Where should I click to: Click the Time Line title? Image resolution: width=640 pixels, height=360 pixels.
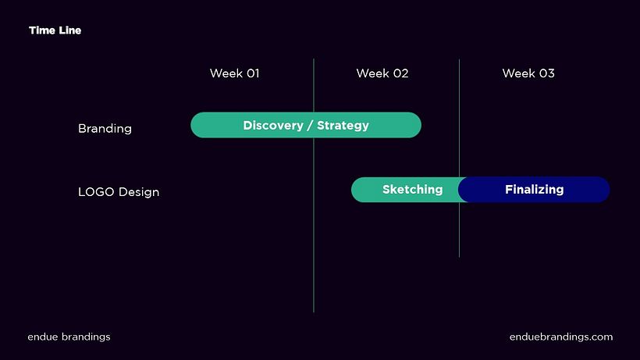coord(55,30)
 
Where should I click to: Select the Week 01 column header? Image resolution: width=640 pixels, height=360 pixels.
coord(235,73)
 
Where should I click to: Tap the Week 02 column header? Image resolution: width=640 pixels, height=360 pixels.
coord(382,73)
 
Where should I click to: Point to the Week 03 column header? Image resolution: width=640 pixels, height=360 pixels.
coord(528,73)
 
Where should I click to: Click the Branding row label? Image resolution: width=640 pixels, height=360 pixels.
coord(105,129)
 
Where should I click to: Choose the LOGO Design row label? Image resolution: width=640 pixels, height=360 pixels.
coord(119,192)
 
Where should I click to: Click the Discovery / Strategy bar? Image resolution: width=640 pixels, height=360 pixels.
coord(306,125)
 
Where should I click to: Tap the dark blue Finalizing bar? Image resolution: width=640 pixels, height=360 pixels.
coord(534,190)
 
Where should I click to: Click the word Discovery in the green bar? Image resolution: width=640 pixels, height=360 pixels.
coord(273,125)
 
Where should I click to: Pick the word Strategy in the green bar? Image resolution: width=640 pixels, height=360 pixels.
coord(343,126)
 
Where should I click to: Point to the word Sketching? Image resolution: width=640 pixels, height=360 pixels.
coord(412,190)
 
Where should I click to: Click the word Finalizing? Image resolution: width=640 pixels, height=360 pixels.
coord(535,190)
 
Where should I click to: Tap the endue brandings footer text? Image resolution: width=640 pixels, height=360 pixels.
coord(69,337)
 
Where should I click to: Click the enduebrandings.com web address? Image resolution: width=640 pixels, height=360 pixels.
coord(561,337)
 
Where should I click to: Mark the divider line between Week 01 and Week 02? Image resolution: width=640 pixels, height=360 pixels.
coord(314,185)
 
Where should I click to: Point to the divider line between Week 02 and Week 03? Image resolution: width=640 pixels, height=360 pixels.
coord(459,159)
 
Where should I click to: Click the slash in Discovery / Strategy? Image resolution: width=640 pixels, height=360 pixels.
coord(310,125)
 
